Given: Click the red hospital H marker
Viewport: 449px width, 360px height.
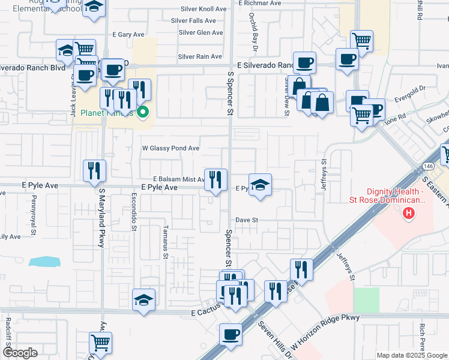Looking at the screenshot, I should (409, 213).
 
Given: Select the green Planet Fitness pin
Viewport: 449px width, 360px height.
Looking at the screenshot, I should (143, 112).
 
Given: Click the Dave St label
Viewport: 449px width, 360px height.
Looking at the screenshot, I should (246, 220).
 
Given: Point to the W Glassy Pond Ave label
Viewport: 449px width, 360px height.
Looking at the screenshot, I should (170, 148).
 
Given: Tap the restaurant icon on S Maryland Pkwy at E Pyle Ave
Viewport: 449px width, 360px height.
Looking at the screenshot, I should (95, 171).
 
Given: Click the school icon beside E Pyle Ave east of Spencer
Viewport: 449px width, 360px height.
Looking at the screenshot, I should (260, 185).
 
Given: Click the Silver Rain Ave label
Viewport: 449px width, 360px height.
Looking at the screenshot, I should (200, 57).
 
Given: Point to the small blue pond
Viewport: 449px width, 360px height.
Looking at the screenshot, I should (44, 262).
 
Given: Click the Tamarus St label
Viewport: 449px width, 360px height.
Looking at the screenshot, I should (166, 242).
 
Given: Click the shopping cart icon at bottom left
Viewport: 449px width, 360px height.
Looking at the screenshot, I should (101, 343).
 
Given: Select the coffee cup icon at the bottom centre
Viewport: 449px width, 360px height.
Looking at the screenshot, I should (230, 335).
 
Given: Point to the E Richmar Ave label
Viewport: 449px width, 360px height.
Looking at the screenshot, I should (259, 3).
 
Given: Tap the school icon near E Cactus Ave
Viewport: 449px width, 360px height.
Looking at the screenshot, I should (143, 299).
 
